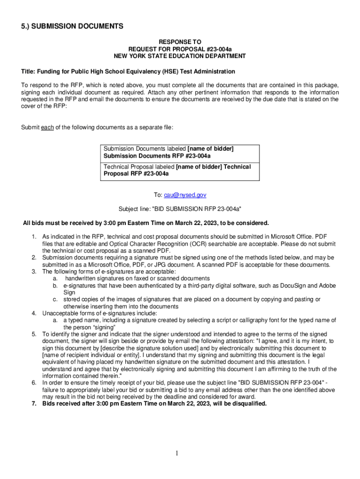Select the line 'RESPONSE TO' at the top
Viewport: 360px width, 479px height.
180,42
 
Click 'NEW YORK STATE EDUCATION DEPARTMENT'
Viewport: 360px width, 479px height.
180,56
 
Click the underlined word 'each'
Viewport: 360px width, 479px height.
47,128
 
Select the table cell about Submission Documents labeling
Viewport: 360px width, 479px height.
180,152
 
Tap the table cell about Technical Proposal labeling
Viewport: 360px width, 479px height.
180,170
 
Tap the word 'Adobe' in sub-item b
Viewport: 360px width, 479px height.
327,285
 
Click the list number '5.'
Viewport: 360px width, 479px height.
34,334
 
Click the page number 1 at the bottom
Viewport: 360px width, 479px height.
178,453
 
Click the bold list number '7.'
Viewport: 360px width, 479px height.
34,404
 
